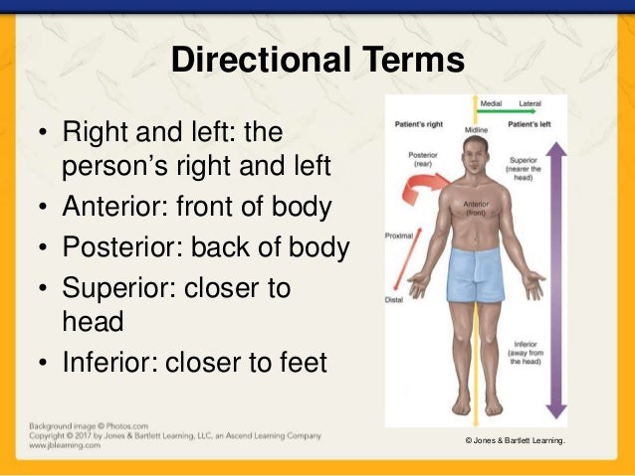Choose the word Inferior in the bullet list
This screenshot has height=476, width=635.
[x=108, y=363]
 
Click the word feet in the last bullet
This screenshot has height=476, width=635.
[x=303, y=363]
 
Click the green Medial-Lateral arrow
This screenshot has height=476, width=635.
[x=512, y=114]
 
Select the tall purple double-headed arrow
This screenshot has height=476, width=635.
[x=555, y=278]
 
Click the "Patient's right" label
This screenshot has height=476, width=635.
[x=417, y=126]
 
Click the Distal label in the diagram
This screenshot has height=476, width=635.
[x=395, y=300]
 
